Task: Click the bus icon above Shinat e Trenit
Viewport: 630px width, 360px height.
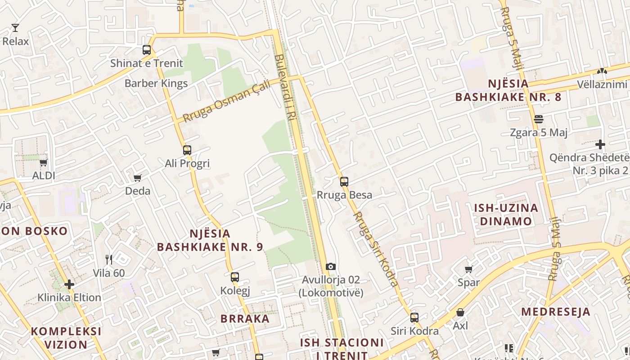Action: pos(147,50)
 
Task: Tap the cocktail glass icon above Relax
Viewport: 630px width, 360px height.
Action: pos(15,28)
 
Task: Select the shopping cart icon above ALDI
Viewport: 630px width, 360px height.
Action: pos(44,162)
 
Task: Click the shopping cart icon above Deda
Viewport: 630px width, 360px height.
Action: pos(138,178)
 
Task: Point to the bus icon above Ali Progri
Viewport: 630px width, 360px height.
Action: pos(187,150)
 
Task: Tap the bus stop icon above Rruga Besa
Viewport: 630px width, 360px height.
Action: pos(344,182)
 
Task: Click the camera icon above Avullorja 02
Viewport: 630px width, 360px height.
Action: pos(331,267)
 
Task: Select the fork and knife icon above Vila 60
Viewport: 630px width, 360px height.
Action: pos(108,260)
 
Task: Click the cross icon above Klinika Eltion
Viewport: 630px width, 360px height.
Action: pos(69,284)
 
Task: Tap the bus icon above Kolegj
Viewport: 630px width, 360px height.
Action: pos(235,277)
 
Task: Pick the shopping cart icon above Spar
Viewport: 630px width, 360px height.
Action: pos(469,270)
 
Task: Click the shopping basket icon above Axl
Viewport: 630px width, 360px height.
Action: pos(460,312)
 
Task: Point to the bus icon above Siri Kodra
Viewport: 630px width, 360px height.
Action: pos(414,318)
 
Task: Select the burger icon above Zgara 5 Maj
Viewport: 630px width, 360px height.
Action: pos(539,119)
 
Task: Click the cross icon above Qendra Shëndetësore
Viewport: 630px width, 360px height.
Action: pos(600,144)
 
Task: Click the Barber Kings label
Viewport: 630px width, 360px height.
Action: pos(156,83)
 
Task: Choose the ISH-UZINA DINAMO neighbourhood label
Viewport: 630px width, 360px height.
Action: pos(506,215)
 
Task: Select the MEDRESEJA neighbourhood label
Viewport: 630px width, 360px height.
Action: pos(556,312)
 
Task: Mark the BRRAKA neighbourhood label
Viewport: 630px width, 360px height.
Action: pos(245,319)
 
